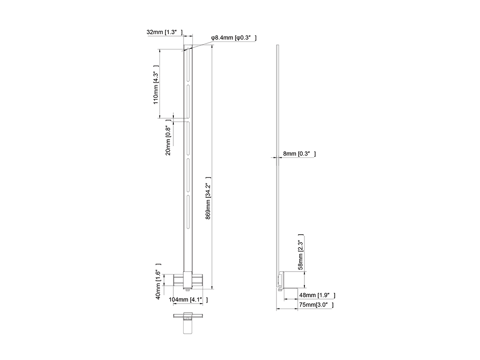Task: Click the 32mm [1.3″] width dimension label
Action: click(165, 32)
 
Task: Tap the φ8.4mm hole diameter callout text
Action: click(234, 38)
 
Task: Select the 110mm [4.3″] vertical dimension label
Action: click(156, 85)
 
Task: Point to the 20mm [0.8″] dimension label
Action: click(168, 137)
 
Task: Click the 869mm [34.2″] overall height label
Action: click(208, 198)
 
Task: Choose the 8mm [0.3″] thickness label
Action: click(299, 154)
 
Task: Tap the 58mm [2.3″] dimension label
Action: click(300, 252)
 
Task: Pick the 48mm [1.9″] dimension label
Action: click(317, 295)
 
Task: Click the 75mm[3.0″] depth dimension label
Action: click(316, 304)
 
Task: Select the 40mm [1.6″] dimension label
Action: click(158, 281)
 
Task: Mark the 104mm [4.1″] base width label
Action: click(188, 300)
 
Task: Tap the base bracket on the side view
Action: click(288, 280)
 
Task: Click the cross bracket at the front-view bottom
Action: click(188, 280)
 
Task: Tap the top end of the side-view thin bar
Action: click(278, 45)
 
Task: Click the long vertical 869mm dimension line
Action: click(212, 167)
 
